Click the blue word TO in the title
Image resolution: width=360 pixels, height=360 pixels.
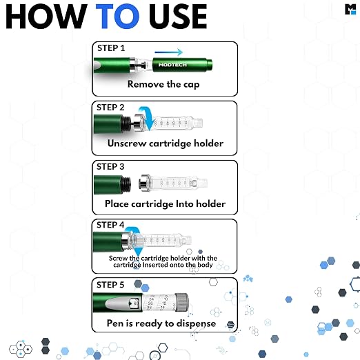pos(117,17)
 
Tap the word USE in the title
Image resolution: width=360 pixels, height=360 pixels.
pos(178,17)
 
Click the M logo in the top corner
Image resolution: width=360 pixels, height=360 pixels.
pos(350,9)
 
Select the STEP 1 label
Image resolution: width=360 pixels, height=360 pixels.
pos(111,48)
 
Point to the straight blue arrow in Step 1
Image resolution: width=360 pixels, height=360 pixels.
pos(169,52)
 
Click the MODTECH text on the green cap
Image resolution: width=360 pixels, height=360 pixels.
pos(172,65)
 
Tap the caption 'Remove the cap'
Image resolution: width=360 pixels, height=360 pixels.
pos(163,84)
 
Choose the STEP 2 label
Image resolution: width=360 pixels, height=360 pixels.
pos(110,108)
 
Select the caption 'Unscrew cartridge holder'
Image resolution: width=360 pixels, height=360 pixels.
pos(166,143)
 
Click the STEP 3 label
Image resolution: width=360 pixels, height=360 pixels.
pos(110,167)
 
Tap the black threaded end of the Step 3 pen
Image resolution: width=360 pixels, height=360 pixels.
pos(126,184)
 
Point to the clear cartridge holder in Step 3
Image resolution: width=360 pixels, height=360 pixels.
pos(173,183)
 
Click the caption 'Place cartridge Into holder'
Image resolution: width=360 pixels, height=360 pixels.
pos(165,203)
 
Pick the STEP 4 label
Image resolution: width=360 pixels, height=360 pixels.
pos(110,225)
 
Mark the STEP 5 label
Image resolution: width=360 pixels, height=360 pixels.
pos(110,285)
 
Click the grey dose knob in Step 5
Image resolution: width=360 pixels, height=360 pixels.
pos(181,302)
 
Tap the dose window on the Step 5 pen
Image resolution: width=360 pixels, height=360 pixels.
pos(134,303)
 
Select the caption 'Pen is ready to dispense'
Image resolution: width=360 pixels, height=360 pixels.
pos(161,323)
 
